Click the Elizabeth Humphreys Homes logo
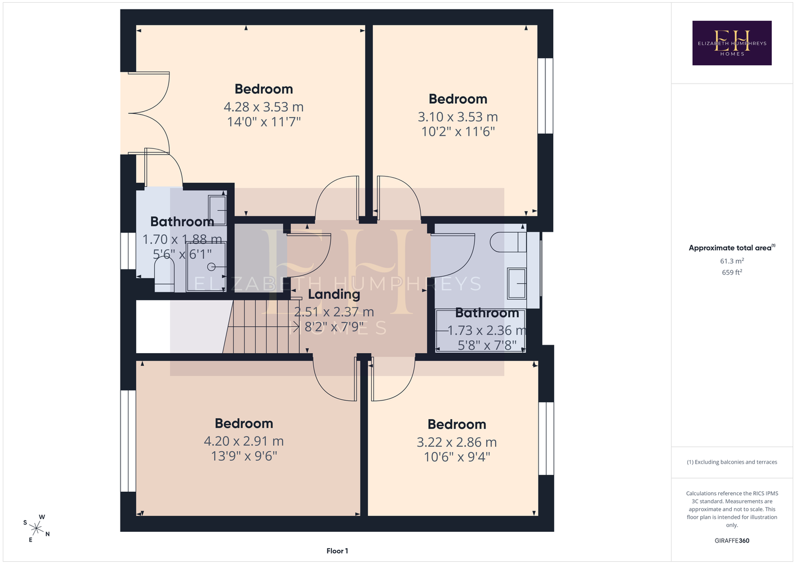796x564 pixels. click(732, 43)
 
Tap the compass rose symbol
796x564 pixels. click(36, 528)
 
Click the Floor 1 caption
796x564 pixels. click(337, 551)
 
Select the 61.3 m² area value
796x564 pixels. click(732, 261)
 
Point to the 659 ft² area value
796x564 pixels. click(732, 272)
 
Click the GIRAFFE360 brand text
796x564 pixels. click(732, 540)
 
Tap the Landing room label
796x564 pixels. click(333, 294)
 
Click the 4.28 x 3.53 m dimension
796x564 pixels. click(264, 107)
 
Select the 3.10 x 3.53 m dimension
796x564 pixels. click(457, 117)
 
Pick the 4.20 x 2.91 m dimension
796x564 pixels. click(244, 441)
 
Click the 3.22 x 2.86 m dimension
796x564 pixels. click(457, 442)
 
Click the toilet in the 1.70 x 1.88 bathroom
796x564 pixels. click(164, 274)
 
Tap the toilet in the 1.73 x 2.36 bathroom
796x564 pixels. click(508, 242)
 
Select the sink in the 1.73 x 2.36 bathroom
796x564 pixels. click(517, 283)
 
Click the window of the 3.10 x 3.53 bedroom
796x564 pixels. click(545, 96)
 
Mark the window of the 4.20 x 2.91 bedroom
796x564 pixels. click(128, 441)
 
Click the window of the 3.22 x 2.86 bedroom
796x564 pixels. click(546, 438)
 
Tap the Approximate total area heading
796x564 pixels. click(732, 248)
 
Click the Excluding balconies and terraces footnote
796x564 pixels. click(732, 462)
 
